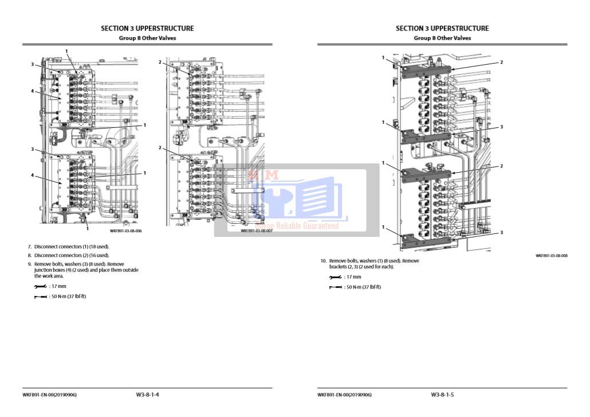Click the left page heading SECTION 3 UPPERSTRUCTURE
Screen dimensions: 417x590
[147, 28]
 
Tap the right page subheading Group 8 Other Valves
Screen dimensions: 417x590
[442, 38]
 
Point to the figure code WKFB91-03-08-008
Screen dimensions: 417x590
[551, 256]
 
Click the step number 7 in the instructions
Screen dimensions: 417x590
[29, 247]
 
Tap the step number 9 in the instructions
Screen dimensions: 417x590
[29, 264]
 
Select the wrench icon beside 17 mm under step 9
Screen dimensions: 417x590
[40, 286]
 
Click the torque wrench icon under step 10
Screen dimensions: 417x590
[335, 287]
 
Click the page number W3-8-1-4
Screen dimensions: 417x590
[147, 395]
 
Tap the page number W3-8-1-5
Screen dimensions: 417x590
[442, 395]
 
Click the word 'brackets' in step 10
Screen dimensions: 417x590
[339, 267]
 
